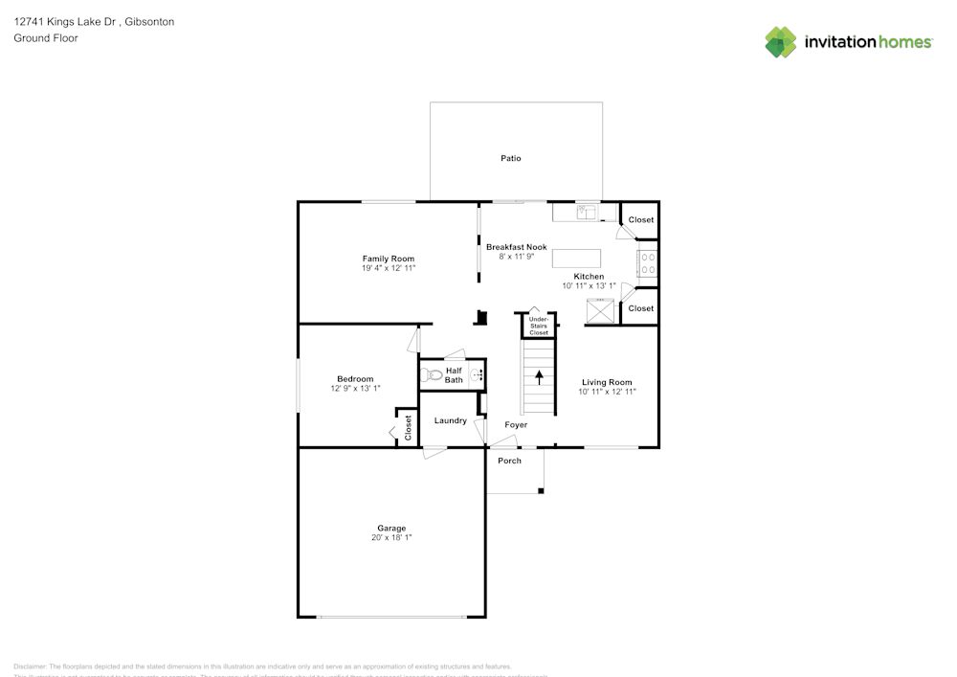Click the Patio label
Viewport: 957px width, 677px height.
click(511, 158)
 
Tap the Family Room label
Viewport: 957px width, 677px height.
click(388, 259)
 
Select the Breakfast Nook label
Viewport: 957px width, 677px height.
click(516, 247)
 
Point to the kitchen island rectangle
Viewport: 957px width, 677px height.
click(576, 259)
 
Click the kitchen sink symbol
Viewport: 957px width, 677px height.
click(586, 212)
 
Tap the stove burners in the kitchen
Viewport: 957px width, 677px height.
click(647, 263)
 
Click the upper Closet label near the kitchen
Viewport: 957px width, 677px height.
click(641, 220)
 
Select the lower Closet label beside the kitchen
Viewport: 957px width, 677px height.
click(641, 308)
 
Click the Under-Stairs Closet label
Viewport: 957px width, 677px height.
click(539, 326)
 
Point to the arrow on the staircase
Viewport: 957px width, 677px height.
click(539, 376)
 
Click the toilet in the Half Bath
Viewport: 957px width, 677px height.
click(433, 375)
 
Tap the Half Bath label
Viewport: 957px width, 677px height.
click(454, 375)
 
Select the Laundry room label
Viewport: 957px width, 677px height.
click(451, 420)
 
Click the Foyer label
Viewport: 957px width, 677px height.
click(516, 424)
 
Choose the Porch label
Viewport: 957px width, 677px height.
click(510, 461)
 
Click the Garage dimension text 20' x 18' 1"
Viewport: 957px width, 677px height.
click(390, 538)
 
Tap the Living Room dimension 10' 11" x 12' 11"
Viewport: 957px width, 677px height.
click(608, 392)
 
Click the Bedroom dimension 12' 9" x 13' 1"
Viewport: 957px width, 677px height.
click(355, 388)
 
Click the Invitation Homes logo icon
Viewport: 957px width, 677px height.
click(781, 42)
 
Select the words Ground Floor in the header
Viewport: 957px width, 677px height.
click(46, 38)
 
